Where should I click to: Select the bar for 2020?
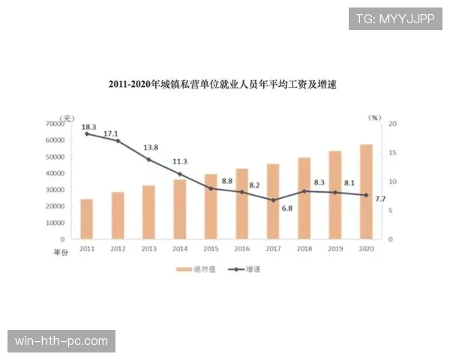[366, 192]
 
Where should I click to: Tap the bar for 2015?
[211, 207]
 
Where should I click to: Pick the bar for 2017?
[273, 202]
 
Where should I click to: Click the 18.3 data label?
[88, 127]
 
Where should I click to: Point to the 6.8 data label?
[286, 208]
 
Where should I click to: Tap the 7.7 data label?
[379, 199]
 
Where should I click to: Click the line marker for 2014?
[180, 174]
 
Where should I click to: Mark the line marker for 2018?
[304, 191]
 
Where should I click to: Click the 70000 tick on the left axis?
[55, 123]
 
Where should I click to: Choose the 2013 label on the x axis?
[148, 248]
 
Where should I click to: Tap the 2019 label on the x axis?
[335, 248]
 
